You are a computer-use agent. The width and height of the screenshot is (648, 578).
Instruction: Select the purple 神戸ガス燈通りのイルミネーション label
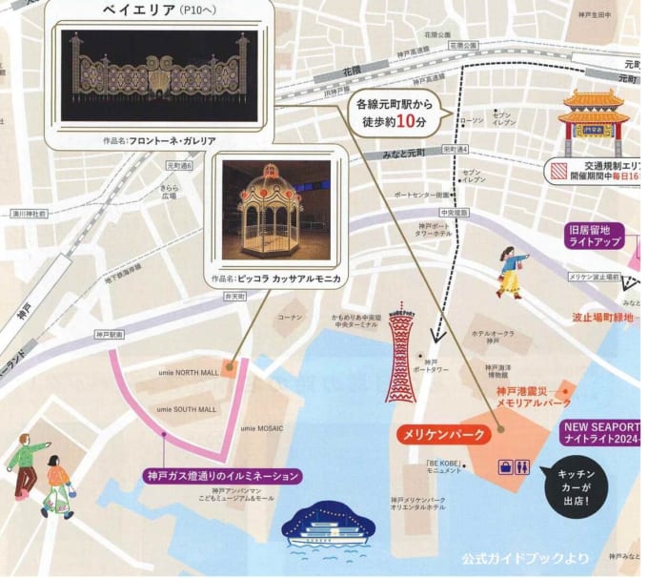[223, 475]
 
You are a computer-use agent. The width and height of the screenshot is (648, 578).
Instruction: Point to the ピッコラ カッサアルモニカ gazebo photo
[276, 211]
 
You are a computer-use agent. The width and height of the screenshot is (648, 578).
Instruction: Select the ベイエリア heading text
[137, 9]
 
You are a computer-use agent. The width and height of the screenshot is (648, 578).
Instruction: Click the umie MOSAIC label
[261, 429]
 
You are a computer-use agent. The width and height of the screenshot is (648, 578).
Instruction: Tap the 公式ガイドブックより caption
[525, 558]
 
